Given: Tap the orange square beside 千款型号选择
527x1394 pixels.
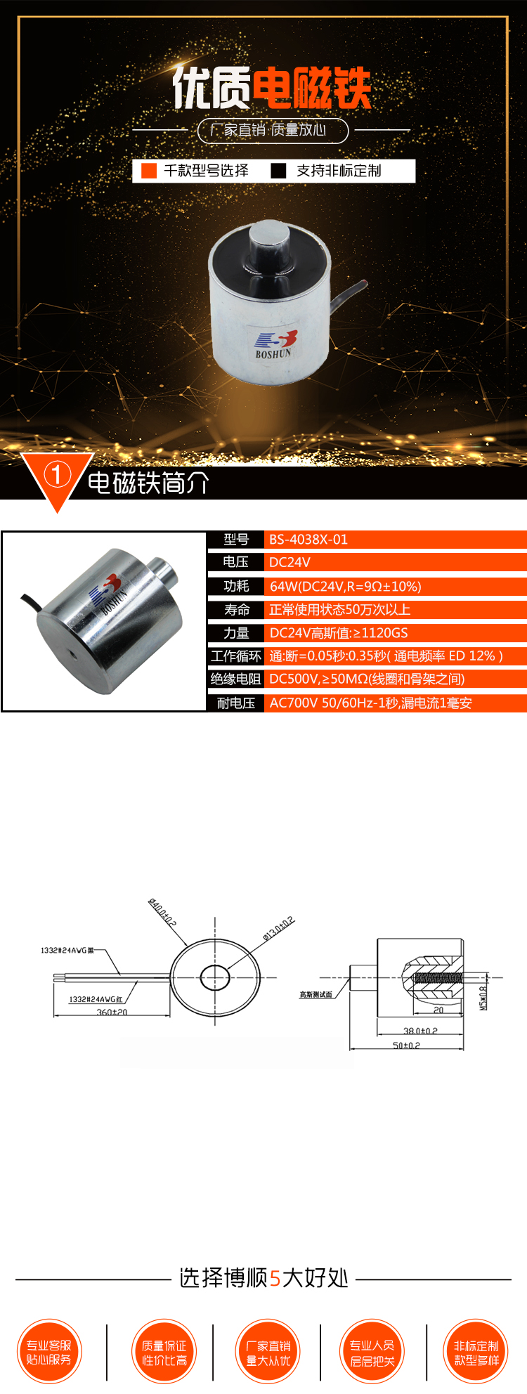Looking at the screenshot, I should (x=149, y=171).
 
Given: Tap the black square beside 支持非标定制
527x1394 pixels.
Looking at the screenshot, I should (x=278, y=171).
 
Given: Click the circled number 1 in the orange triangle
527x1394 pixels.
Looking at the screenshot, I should (x=57, y=475).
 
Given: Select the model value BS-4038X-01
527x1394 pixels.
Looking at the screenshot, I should (x=308, y=540).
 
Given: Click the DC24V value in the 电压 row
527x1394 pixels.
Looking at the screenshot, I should (x=289, y=562).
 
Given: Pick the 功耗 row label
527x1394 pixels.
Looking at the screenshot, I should (x=236, y=586).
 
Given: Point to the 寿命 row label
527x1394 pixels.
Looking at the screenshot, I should (x=236, y=609).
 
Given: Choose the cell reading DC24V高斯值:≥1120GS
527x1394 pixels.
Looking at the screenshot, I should (x=338, y=633).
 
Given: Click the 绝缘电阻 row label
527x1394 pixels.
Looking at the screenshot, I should (x=236, y=679).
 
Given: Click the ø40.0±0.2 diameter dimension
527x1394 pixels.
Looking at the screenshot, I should (x=162, y=912).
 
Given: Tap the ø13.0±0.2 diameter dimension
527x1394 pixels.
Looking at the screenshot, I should (x=279, y=927).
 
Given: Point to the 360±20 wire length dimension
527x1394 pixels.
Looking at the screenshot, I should (x=112, y=1012).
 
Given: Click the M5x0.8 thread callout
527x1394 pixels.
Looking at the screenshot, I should (x=483, y=998).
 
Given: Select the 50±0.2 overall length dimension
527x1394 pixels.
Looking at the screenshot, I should (x=406, y=1045).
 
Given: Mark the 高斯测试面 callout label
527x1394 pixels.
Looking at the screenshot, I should (x=315, y=994).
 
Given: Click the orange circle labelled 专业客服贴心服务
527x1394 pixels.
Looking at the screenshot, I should (x=49, y=1353).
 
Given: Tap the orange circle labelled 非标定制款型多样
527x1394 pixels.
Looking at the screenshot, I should (x=476, y=1353).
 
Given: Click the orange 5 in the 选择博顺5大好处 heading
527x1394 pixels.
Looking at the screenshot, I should (x=275, y=1277).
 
